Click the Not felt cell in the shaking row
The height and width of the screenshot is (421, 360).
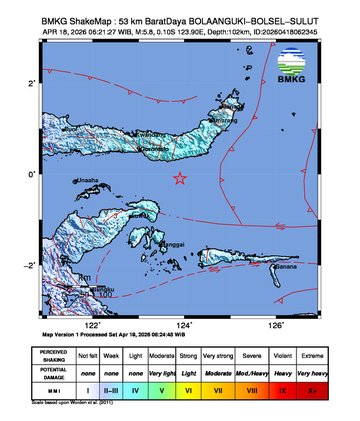click(x=88, y=355)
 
